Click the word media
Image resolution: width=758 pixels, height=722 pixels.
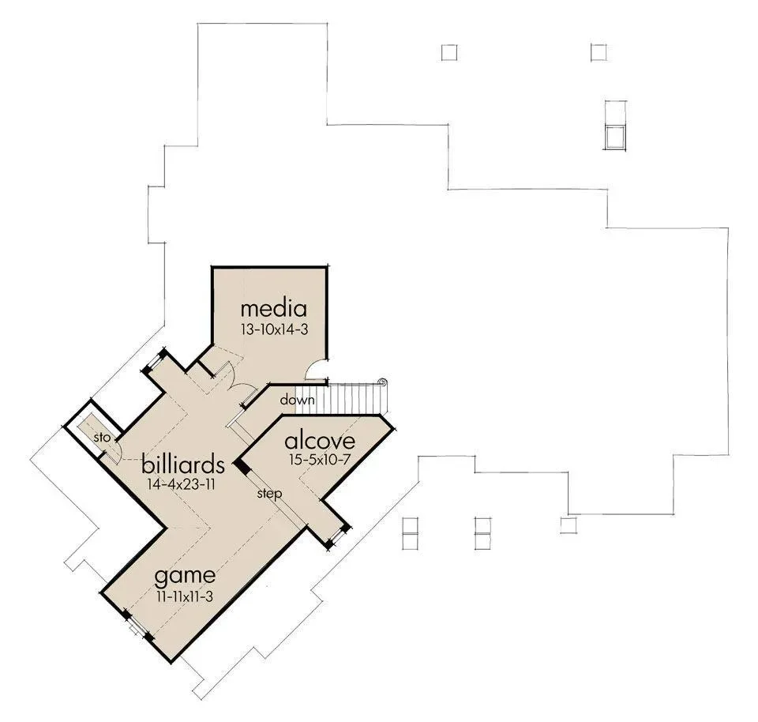pyautogui.click(x=274, y=309)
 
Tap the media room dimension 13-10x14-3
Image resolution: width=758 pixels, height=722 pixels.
pyautogui.click(x=275, y=329)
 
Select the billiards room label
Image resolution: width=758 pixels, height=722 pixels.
pyautogui.click(x=182, y=464)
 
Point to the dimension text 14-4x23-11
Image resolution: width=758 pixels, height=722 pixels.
pyautogui.click(x=181, y=484)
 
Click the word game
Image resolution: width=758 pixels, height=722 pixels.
pyautogui.click(x=185, y=576)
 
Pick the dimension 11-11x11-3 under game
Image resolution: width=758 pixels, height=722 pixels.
pyautogui.click(x=185, y=596)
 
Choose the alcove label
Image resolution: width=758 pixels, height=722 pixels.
pyautogui.click(x=320, y=441)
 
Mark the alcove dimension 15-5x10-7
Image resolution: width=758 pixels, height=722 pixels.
pyautogui.click(x=320, y=460)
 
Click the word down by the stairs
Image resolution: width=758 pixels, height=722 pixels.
pyautogui.click(x=297, y=400)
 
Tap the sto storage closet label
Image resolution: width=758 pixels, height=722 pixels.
pyautogui.click(x=102, y=437)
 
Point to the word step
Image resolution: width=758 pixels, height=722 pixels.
pyautogui.click(x=269, y=494)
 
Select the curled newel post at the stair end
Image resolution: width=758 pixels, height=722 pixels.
pyautogui.click(x=382, y=382)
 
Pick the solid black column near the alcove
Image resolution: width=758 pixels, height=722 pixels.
pyautogui.click(x=242, y=466)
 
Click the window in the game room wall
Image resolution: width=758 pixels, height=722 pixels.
pyautogui.click(x=137, y=627)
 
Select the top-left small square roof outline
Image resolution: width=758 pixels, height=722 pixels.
pyautogui.click(x=449, y=52)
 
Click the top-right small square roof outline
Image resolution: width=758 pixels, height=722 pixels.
pyautogui.click(x=599, y=52)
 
